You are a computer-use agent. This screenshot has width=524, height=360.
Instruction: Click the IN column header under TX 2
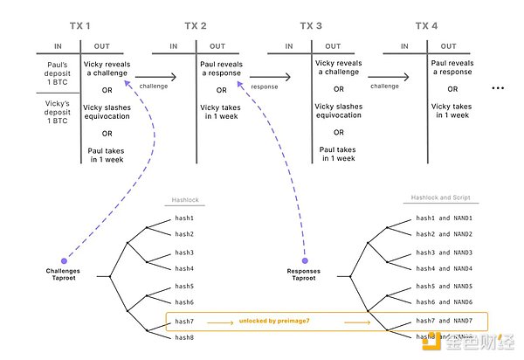(174, 45)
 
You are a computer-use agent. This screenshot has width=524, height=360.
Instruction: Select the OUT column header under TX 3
(333, 45)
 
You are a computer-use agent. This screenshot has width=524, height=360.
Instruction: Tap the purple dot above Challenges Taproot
(63, 260)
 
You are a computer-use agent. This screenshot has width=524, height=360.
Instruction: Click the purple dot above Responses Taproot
(305, 260)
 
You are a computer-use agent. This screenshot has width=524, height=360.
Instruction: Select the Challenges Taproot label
(63, 276)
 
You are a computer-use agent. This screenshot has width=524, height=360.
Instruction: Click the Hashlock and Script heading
(442, 198)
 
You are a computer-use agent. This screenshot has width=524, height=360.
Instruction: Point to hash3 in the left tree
(183, 253)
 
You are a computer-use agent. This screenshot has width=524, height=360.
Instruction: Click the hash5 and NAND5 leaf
(444, 287)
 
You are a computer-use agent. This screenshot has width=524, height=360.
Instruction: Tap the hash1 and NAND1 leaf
(444, 218)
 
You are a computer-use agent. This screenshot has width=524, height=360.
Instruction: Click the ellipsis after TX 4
(499, 88)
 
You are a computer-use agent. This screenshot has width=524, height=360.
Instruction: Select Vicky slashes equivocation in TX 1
(106, 112)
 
